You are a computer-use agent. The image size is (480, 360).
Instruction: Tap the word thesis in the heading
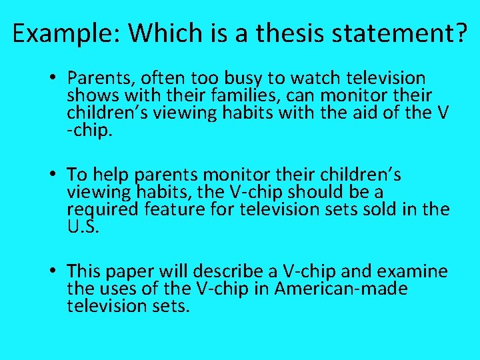pyautogui.click(x=269, y=33)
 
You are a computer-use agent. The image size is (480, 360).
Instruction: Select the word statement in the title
pyautogui.click(x=379, y=33)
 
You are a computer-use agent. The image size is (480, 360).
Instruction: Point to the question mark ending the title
pyautogui.click(x=459, y=33)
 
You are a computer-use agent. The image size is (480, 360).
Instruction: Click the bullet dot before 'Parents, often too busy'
pyautogui.click(x=53, y=79)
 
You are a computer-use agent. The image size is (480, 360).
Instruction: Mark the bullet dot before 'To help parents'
pyautogui.click(x=53, y=175)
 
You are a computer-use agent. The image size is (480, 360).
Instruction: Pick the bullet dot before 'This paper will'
pyautogui.click(x=53, y=271)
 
